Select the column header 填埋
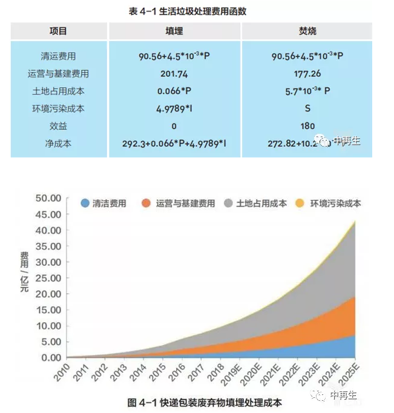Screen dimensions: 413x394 coord(174,31)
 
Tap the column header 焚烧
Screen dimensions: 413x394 coord(307,31)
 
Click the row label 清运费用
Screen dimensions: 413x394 coord(59,56)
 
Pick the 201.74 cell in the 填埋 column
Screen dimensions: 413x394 coord(174,74)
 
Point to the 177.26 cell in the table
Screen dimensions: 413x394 coord(307,74)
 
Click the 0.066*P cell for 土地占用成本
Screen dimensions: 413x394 coord(174,91)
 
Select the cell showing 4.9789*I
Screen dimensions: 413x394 coord(174,109)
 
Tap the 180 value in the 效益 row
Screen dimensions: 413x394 coord(307,126)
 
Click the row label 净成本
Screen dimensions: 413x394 coord(59,144)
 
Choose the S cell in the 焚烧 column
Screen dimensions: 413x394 coord(307,109)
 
